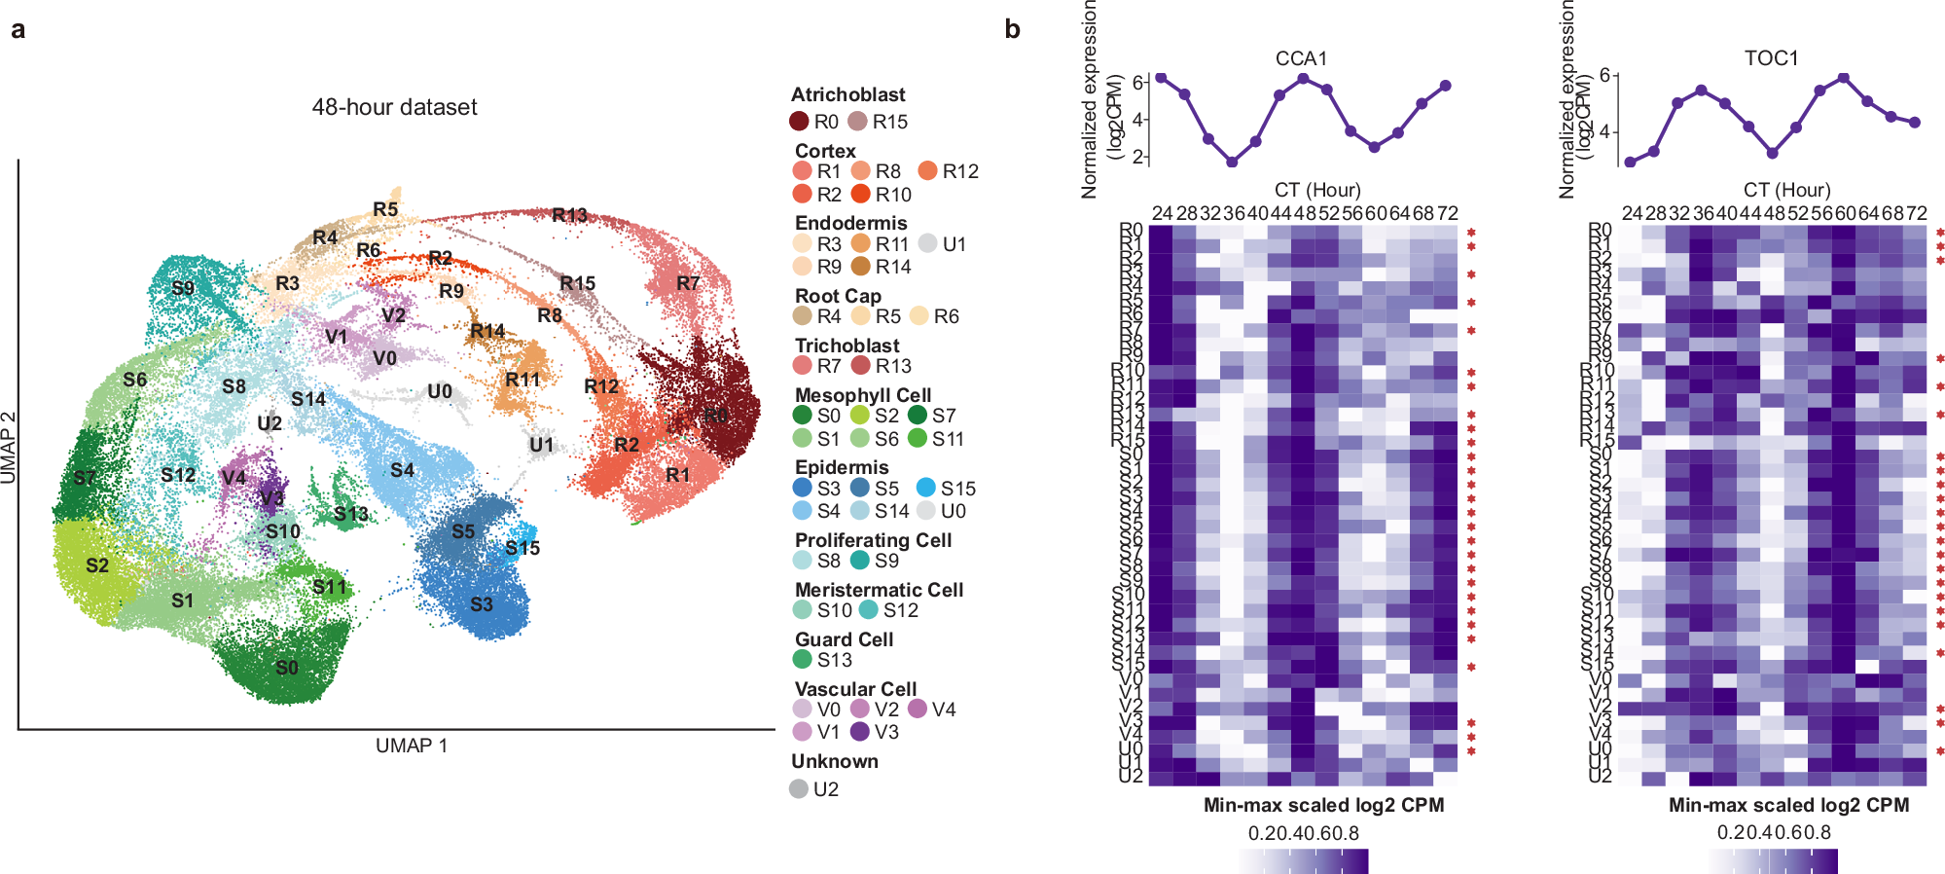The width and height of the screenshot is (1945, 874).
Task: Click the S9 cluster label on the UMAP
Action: tap(183, 288)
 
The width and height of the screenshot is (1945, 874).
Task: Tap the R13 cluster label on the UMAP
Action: tap(569, 215)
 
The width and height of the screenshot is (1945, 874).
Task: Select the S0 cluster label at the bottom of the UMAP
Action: tap(287, 668)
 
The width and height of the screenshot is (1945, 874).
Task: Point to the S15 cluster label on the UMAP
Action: tap(522, 548)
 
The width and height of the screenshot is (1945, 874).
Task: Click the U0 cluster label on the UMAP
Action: tap(440, 391)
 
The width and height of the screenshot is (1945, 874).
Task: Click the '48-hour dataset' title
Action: tap(394, 107)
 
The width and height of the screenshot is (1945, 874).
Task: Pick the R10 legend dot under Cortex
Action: tap(860, 195)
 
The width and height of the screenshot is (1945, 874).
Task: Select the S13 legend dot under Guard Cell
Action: tap(803, 660)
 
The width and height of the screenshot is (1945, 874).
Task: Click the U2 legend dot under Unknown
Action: tap(799, 789)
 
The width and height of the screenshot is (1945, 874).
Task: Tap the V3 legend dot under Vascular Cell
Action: tap(860, 732)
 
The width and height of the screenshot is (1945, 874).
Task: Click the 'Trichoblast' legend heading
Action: tap(846, 346)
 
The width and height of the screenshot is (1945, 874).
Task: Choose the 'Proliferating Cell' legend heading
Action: tap(873, 540)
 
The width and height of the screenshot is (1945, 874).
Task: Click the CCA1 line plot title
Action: tap(1301, 58)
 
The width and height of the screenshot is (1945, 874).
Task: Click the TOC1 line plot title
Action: tap(1771, 58)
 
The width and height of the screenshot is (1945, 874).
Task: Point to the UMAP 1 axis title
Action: tap(412, 746)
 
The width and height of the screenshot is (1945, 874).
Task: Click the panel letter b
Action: tap(1012, 30)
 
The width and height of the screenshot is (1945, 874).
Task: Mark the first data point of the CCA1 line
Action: tap(1162, 78)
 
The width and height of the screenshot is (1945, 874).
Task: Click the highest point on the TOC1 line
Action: tap(1843, 78)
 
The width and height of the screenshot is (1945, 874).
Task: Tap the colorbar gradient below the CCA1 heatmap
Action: tap(1304, 860)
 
